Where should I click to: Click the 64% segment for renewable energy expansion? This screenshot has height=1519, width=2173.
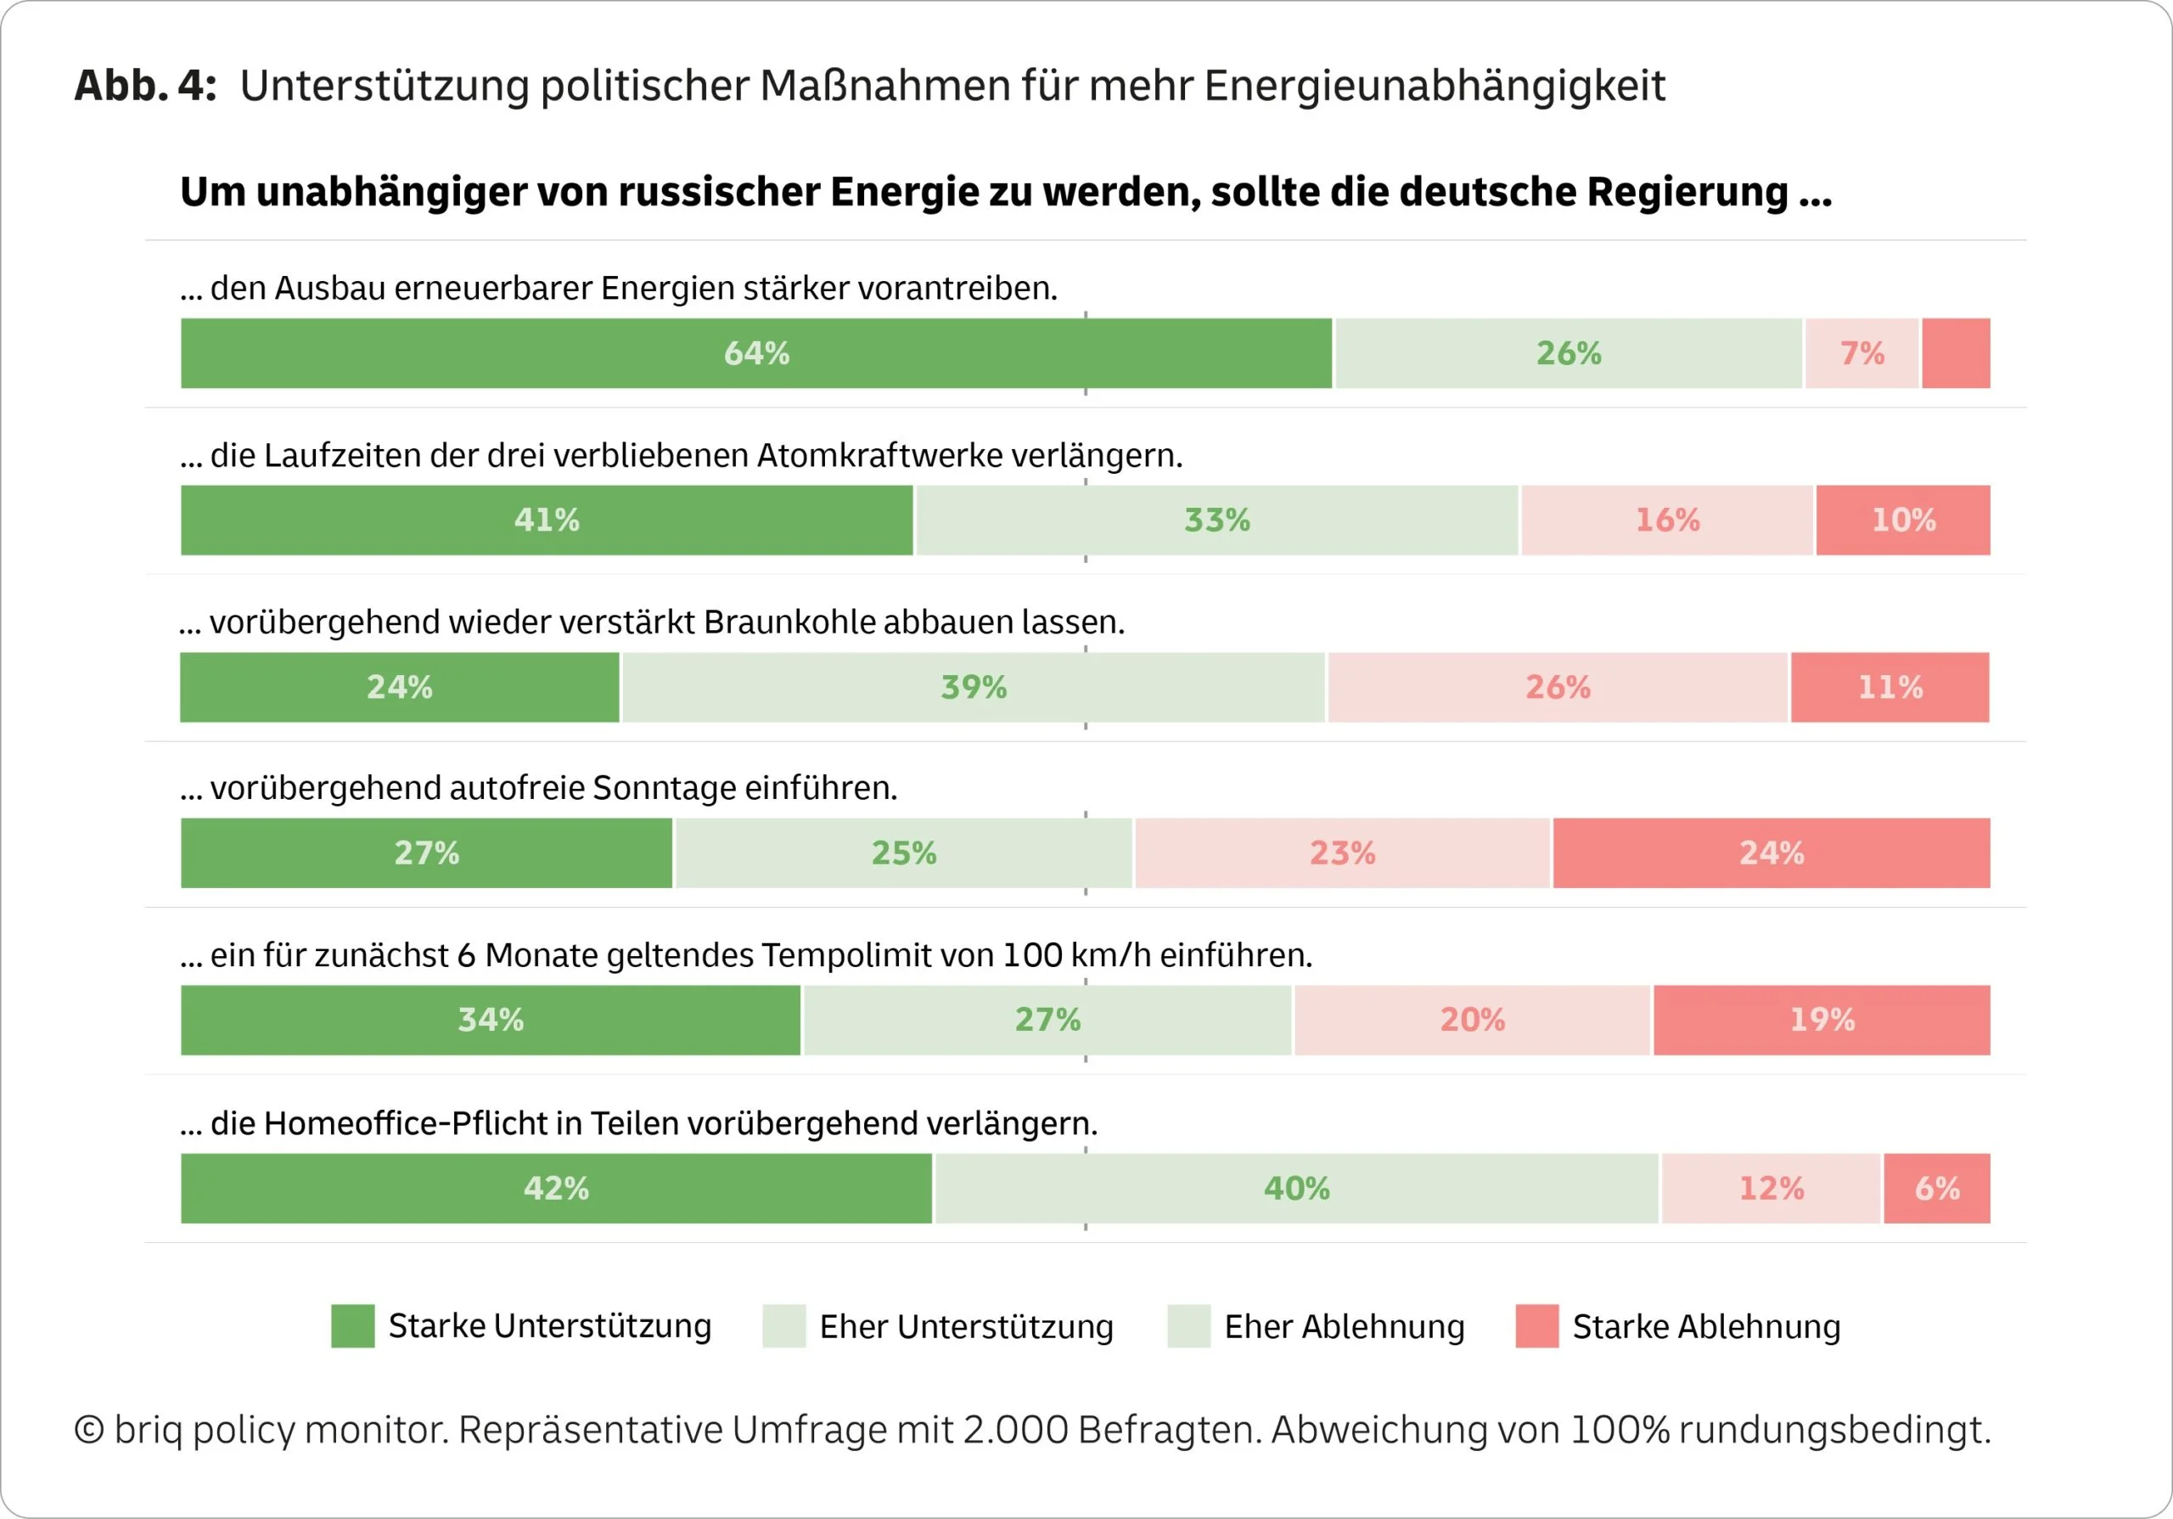(x=756, y=353)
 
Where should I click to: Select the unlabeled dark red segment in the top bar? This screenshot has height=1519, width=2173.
(x=1956, y=353)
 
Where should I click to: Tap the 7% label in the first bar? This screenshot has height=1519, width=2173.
(x=1861, y=353)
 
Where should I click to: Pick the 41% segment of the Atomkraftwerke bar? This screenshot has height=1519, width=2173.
(x=547, y=520)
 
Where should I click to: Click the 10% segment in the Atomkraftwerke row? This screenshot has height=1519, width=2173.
(x=1903, y=520)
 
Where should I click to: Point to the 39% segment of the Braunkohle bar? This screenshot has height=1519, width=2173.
(x=973, y=687)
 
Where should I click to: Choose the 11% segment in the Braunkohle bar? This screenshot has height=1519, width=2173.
(x=1890, y=687)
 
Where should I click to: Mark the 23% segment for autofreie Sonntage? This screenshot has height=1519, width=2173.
(x=1342, y=852)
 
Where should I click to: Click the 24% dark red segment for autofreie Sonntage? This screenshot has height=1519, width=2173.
(x=1771, y=852)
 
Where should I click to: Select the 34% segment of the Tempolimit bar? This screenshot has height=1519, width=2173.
(x=491, y=1019)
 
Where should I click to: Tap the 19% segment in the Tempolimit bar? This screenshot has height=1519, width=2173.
(x=1822, y=1019)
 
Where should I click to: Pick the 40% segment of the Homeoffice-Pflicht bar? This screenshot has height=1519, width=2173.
(x=1297, y=1188)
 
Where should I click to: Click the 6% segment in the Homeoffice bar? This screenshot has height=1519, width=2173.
(x=1936, y=1188)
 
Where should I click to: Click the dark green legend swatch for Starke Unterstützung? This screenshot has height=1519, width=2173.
(x=352, y=1326)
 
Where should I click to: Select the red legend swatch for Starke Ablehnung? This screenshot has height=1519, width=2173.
(x=1536, y=1326)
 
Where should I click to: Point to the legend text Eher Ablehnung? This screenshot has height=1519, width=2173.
(x=1344, y=1327)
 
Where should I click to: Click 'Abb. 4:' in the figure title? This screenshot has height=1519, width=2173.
(x=146, y=85)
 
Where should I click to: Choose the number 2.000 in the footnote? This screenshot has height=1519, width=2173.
(x=1014, y=1429)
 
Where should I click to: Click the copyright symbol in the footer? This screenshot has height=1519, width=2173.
(x=89, y=1430)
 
